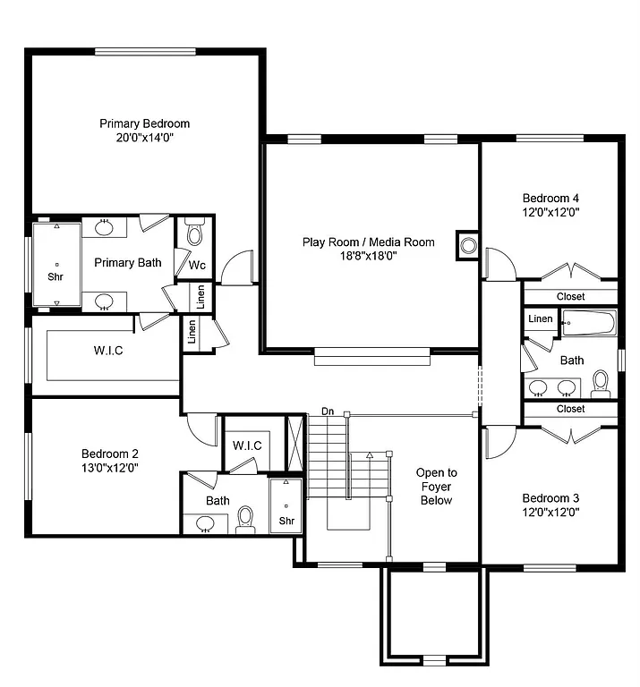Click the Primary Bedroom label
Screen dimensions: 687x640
click(x=144, y=123)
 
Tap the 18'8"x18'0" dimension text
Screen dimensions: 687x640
click(x=368, y=255)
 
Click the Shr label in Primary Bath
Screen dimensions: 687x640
click(x=55, y=276)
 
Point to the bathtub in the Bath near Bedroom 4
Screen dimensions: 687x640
click(x=588, y=323)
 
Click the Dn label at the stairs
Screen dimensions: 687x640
click(x=328, y=411)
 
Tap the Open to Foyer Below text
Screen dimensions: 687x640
click(x=436, y=486)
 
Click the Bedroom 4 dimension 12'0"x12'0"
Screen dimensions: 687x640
click(x=551, y=213)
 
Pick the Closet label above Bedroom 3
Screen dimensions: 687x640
click(x=570, y=409)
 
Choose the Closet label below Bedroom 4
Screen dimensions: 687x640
click(x=570, y=296)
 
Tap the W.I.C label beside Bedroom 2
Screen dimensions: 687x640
click(x=246, y=445)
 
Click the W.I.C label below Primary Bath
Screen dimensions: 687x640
click(x=108, y=350)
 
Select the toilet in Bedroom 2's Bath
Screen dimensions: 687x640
click(x=245, y=519)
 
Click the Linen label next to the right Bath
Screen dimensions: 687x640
click(x=540, y=319)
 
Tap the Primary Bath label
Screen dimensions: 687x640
click(x=128, y=263)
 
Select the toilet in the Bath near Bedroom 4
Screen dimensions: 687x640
click(x=600, y=386)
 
